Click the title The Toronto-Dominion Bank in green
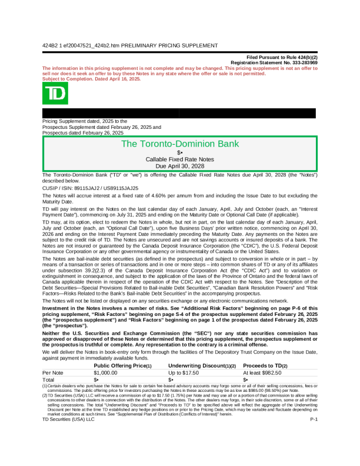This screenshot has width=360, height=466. [x=179, y=144]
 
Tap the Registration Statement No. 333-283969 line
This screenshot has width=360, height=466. [x=274, y=62]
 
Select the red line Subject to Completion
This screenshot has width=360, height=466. [x=92, y=79]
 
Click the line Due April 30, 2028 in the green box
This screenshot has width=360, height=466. [x=179, y=166]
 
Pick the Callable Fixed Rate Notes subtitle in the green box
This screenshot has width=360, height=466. [x=179, y=159]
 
